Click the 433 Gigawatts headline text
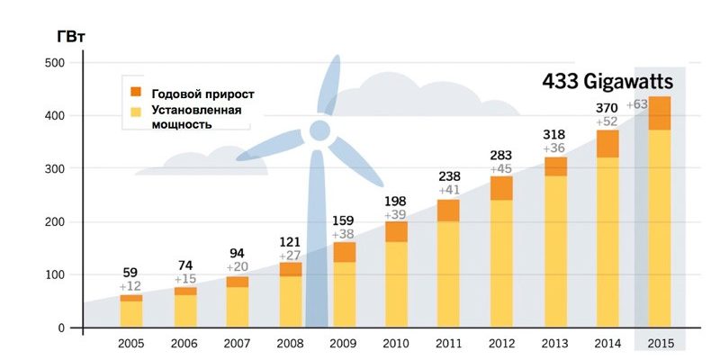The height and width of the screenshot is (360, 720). coord(607,81)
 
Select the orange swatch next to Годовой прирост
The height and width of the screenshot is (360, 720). coord(136,93)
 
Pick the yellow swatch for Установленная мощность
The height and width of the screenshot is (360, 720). coord(136,112)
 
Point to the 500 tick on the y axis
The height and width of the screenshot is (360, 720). coord(55,63)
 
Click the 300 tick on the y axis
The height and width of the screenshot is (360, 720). coord(55,169)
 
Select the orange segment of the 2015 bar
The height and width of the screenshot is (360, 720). coord(660,112)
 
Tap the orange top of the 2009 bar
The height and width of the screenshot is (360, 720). coord(343,252)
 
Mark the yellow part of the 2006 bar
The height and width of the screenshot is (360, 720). coord(184,310)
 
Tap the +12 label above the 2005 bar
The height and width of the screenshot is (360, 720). coord(131,286)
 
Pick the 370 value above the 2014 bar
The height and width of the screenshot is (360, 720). coord(607,109)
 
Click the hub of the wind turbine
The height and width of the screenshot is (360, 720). coord(319,131)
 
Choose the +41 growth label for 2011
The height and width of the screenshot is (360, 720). coord(449,191)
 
